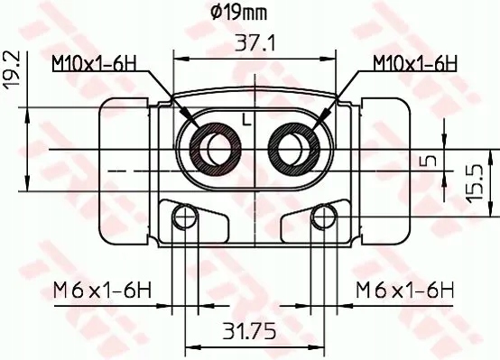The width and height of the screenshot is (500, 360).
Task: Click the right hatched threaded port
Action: coord(292,144)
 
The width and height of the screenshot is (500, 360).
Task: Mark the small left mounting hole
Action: coord(186,216)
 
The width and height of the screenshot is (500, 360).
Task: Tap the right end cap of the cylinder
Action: coord(383,171)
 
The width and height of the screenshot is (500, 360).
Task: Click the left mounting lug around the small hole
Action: coord(194,222)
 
